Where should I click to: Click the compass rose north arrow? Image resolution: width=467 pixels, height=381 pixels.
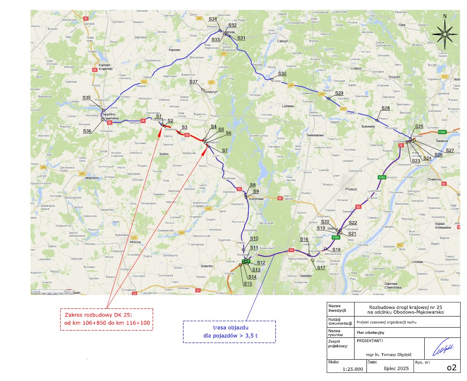(x=445, y=32)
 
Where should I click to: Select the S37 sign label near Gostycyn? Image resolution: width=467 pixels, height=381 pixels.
(x=194, y=82)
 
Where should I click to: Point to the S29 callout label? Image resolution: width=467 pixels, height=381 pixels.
(x=339, y=93)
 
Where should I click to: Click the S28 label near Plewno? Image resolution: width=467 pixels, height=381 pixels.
(x=385, y=108)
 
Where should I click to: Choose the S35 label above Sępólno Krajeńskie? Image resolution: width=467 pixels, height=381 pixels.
(x=87, y=98)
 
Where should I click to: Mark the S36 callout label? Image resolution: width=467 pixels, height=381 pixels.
(x=87, y=131)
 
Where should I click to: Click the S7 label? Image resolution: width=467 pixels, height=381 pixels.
(x=225, y=150)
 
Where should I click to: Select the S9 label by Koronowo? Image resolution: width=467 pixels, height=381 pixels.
(x=256, y=191)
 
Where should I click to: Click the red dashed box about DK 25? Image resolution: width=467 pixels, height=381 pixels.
(x=107, y=319)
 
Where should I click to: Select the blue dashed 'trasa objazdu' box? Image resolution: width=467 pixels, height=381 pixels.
(x=230, y=331)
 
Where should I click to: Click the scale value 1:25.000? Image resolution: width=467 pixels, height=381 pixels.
(x=353, y=369)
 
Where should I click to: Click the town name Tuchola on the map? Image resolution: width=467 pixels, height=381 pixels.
(x=229, y=32)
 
